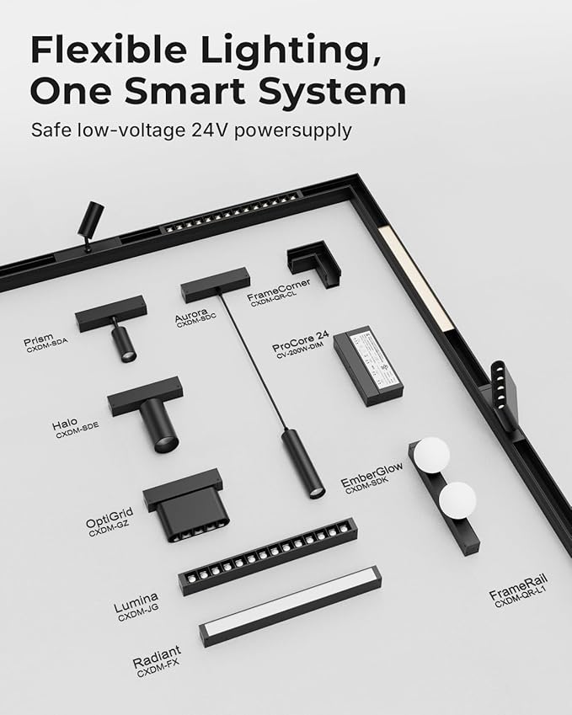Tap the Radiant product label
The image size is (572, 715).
pos(157,657)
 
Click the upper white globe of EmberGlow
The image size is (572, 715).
pos(431,455)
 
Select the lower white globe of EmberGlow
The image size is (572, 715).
pos(457,500)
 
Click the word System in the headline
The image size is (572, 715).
pos(332,93)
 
